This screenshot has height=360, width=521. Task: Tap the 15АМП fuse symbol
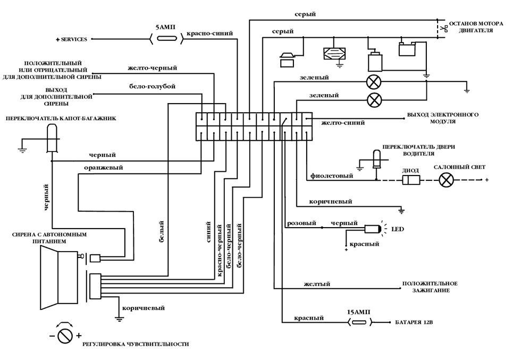pyautogui.click(x=359, y=322)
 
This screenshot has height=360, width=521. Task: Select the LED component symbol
pyautogui.click(x=373, y=229)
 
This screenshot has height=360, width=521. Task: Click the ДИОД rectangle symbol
pyautogui.click(x=411, y=180)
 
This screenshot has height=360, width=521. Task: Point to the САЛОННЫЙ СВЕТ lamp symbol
pyautogui.click(x=447, y=180)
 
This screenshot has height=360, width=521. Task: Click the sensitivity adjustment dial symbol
pyautogui.click(x=65, y=335)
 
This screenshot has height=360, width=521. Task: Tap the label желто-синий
pyautogui.click(x=343, y=123)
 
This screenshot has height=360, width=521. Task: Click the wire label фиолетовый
pyautogui.click(x=331, y=175)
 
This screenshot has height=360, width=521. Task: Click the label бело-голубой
pyautogui.click(x=152, y=86)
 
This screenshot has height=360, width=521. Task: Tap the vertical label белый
pyautogui.click(x=161, y=232)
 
